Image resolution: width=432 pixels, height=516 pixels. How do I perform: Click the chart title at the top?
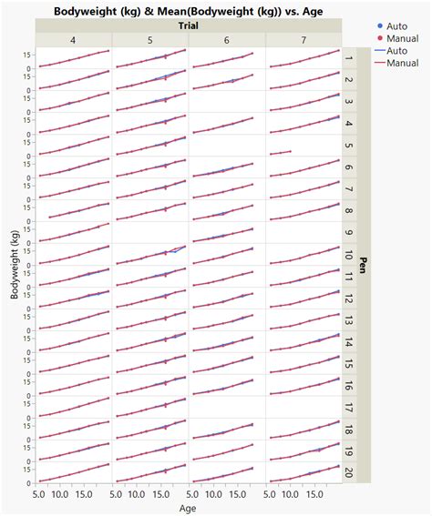[x=189, y=11]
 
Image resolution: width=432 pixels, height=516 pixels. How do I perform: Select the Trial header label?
[x=189, y=26]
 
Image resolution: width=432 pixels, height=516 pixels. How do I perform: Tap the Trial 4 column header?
[x=73, y=40]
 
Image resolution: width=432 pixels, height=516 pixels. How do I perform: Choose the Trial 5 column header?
[x=150, y=40]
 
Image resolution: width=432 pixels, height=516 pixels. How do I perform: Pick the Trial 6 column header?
[x=227, y=40]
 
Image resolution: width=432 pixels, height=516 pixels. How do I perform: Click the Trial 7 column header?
[x=303, y=40]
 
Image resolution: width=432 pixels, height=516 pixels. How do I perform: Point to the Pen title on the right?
[x=364, y=265]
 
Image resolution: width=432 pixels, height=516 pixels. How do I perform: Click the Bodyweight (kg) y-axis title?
[x=14, y=265]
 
